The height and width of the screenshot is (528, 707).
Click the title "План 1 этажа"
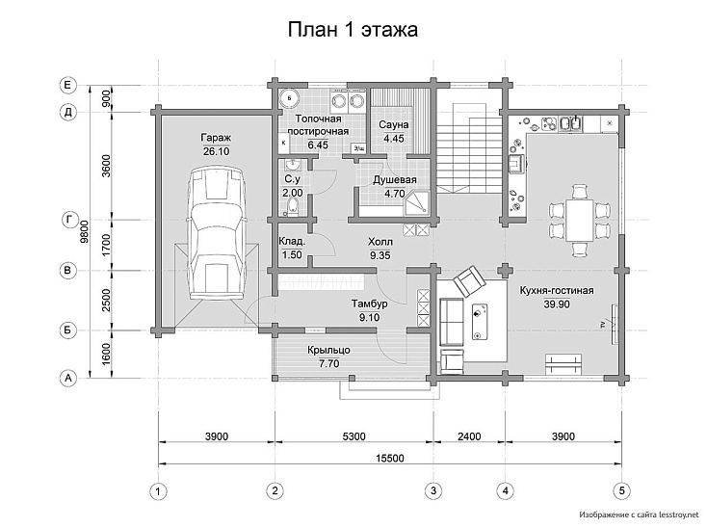tap(353, 30)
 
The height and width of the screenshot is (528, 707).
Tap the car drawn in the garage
tap(218, 232)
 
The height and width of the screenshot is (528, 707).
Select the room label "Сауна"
tap(394, 124)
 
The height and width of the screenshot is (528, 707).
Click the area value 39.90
tap(557, 304)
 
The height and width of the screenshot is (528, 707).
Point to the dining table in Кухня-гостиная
tap(580, 221)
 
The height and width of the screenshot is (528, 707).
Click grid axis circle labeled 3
tap(433, 490)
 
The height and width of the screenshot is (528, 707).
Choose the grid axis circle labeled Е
tap(68, 85)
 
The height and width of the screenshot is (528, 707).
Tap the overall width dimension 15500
tap(390, 459)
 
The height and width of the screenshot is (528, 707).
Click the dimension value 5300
tap(353, 436)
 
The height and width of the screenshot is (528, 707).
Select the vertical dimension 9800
tap(84, 232)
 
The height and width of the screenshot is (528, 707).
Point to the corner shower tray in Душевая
tap(416, 204)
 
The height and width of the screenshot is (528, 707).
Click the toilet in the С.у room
tap(293, 207)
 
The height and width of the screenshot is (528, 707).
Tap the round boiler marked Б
tap(289, 96)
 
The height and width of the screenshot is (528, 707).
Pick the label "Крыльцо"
tap(328, 350)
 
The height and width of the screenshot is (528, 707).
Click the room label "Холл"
tap(380, 242)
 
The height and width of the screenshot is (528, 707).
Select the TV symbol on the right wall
tap(615, 324)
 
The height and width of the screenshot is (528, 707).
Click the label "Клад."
tap(292, 241)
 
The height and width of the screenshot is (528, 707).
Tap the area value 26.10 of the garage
tap(216, 151)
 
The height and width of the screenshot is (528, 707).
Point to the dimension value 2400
tap(469, 436)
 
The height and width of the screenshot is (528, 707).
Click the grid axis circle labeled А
tap(68, 378)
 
